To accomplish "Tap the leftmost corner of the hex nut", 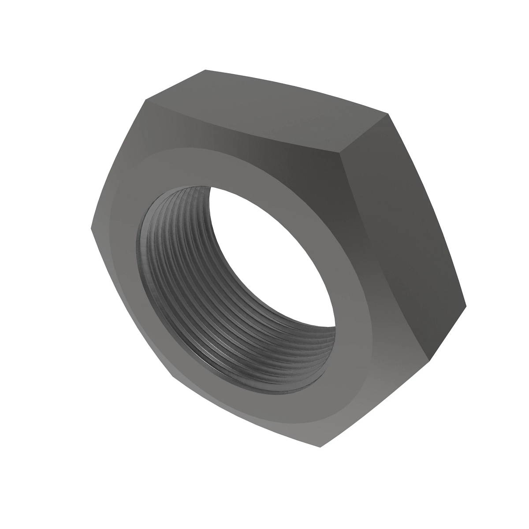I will point(91,228).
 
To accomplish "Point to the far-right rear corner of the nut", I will point(466,304).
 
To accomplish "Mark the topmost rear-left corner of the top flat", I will point(205,70).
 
